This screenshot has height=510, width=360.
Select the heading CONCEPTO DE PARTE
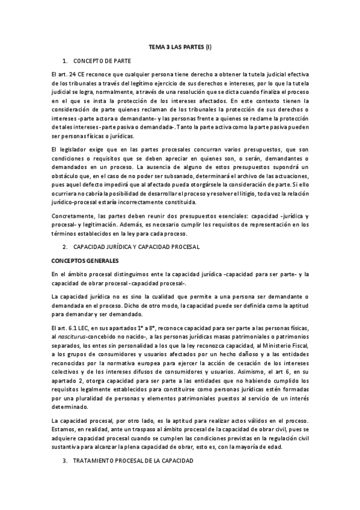(102, 61)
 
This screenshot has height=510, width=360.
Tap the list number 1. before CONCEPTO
(65, 61)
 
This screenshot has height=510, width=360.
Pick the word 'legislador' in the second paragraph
(70, 148)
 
